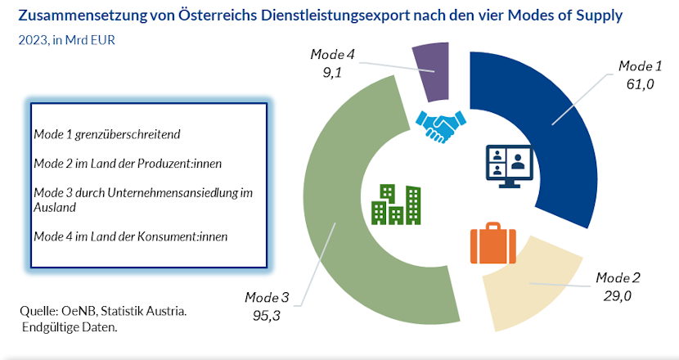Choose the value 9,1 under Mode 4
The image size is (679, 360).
[332, 71]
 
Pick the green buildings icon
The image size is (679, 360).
[397, 205]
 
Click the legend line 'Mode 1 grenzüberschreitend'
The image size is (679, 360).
[106, 133]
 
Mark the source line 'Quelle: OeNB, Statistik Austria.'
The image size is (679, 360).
[102, 312]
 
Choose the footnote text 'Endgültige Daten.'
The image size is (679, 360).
[70, 328]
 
